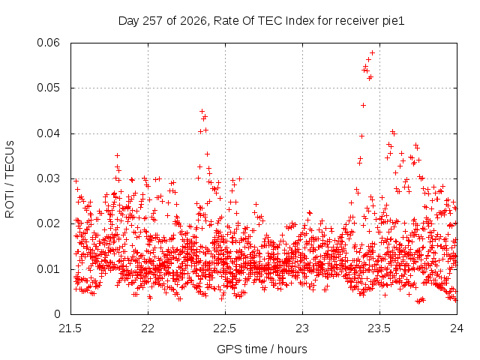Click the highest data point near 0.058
[x=372, y=53]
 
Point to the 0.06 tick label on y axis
[x=48, y=43]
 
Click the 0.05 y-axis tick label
[x=48, y=88]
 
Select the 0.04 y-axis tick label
[x=48, y=133]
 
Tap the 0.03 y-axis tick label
[x=48, y=178]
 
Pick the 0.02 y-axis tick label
[x=48, y=223]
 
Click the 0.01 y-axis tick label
[x=48, y=269]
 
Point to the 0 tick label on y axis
[x=57, y=314]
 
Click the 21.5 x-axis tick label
[x=70, y=328]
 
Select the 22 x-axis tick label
[x=148, y=328]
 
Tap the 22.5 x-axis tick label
[x=225, y=328]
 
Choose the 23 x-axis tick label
[x=302, y=328]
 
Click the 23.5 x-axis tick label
[x=379, y=328]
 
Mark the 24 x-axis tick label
[x=457, y=328]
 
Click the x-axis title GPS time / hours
[x=262, y=349]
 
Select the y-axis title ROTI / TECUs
[x=10, y=179]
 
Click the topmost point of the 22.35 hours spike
[x=202, y=111]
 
